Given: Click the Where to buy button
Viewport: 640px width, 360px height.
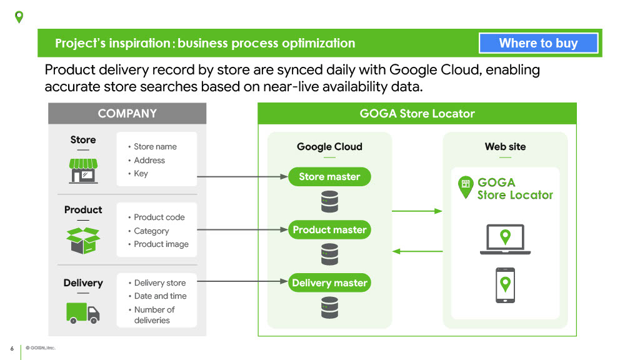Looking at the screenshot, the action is pos(538,43).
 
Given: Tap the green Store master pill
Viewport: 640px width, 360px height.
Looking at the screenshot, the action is pos(329,177).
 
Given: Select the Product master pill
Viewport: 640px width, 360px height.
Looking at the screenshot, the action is pos(329,230).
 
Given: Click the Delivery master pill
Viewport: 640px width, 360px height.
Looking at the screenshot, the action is pos(329,283).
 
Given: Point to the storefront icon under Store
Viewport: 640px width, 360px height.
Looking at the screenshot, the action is pos(83,170).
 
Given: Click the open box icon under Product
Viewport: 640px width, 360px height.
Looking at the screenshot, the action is pos(83,240).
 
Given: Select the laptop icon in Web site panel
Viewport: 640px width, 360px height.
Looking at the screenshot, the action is pos(505,239).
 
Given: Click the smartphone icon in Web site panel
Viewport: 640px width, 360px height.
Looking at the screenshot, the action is pos(505,286).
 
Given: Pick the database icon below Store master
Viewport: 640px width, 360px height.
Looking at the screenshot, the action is pos(329,202).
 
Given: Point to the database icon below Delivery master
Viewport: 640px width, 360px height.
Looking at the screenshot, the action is pos(329,307).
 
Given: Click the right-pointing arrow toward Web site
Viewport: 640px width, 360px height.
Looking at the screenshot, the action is pos(417,211).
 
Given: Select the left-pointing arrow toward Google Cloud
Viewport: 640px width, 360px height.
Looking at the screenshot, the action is pos(417,251).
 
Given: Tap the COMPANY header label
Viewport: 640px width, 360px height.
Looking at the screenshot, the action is pos(127,114).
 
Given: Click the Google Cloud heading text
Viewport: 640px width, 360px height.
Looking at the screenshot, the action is pos(329,147).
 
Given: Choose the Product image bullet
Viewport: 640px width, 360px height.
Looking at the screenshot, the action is pos(161,244).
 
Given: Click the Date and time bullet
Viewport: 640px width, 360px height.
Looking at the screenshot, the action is pos(160,296).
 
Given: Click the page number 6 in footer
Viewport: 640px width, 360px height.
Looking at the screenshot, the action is pos(12,348).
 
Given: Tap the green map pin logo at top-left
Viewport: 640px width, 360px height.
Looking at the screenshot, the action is pos(19,17).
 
